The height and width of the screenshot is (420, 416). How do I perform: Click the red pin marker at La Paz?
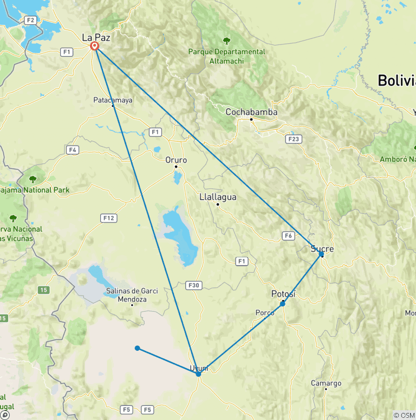(95, 45)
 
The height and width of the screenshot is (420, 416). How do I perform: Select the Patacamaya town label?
(113, 100)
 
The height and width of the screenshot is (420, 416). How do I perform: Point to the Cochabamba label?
(251, 112)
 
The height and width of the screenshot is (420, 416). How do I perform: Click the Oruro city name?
(176, 160)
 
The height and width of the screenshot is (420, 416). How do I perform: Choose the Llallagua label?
(218, 197)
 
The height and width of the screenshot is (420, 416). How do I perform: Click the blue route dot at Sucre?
(321, 254)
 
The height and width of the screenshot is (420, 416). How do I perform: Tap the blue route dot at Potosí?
(282, 304)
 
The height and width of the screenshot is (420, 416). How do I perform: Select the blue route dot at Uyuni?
(198, 374)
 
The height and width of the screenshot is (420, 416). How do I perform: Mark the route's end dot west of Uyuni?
(138, 348)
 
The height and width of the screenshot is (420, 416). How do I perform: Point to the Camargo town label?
(326, 383)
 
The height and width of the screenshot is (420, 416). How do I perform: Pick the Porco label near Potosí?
(265, 313)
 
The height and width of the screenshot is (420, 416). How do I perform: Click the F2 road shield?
(30, 20)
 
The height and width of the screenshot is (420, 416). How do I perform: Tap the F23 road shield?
(293, 139)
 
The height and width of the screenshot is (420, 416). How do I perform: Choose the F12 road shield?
(108, 218)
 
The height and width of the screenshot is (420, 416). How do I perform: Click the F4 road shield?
(73, 149)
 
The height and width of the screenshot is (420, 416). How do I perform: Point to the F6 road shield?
(288, 235)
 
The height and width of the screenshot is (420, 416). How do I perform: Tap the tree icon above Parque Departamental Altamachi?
(226, 41)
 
